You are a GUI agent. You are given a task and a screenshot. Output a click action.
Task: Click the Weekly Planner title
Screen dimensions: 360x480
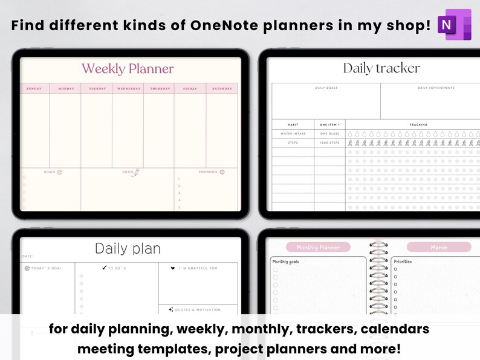coord(128,69)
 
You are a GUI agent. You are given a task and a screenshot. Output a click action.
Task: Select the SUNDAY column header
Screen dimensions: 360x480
coord(34,89)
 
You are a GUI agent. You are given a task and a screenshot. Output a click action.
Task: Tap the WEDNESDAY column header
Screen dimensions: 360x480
coord(128,89)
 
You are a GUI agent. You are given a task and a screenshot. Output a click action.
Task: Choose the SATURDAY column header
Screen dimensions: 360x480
coord(221,89)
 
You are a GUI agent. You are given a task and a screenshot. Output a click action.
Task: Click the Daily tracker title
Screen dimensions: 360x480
coord(381,68)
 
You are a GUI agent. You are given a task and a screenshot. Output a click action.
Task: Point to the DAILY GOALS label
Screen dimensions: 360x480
coord(326,88)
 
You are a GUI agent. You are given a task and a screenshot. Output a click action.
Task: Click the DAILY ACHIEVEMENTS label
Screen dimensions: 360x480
coord(436,88)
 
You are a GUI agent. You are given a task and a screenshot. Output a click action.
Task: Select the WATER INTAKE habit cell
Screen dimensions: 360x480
coord(293,133)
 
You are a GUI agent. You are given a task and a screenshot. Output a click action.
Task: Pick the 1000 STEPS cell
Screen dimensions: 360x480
coord(330,143)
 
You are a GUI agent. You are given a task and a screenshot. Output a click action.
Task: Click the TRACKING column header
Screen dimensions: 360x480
coord(418,124)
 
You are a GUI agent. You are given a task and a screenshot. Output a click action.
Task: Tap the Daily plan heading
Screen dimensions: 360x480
coord(128,248)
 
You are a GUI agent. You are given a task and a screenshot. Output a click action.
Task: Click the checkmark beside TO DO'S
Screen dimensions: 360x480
coord(105,268)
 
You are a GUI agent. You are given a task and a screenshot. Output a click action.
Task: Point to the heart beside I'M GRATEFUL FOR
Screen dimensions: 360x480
coord(172,268)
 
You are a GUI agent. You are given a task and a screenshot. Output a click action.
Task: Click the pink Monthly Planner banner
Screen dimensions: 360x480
coord(318,247)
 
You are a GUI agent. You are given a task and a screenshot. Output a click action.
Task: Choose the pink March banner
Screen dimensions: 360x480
coord(439,247)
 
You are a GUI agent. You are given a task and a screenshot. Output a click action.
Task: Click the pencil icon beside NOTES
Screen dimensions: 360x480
coord(137,172)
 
